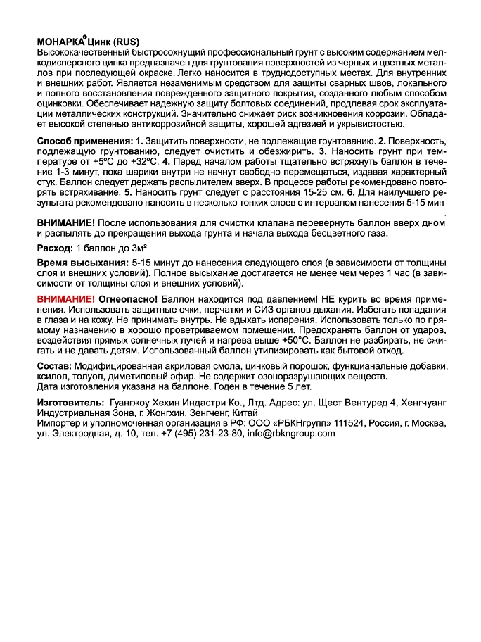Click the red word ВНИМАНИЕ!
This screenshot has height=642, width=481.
pyautogui.click(x=65, y=298)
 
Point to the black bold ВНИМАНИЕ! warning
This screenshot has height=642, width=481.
pyautogui.click(x=65, y=222)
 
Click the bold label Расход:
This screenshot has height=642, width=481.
pyautogui.click(x=55, y=248)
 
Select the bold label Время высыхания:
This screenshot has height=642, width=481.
pyautogui.click(x=82, y=263)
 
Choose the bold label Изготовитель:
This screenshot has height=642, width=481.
pyautogui.click(x=70, y=401)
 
